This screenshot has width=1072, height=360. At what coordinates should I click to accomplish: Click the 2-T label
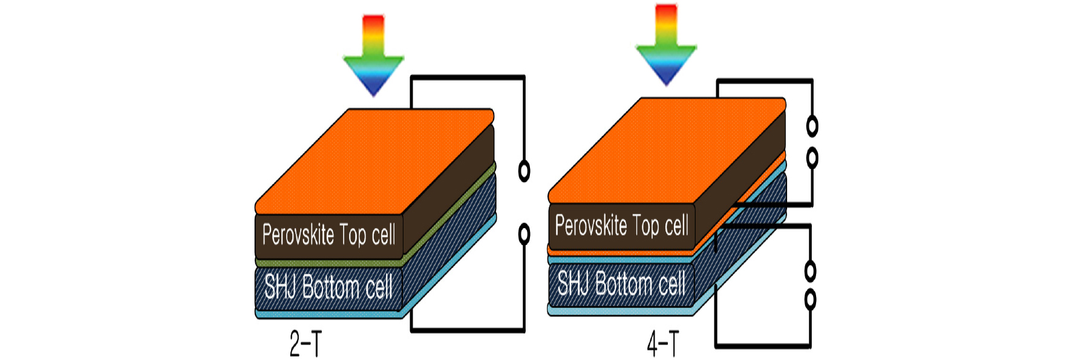tap(306, 344)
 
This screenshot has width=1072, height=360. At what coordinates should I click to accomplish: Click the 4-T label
tap(663, 344)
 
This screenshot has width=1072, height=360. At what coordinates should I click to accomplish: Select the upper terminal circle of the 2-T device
tap(525, 171)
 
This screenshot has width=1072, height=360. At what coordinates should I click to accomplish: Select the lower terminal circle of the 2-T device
tap(525, 234)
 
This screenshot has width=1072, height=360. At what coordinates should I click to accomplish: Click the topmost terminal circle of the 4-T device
tap(812, 126)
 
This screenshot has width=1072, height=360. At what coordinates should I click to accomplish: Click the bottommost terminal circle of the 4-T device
tap(811, 299)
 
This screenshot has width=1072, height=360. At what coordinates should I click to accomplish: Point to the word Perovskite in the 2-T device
tap(298, 235)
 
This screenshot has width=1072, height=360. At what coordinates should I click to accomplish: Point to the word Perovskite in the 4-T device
tap(591, 226)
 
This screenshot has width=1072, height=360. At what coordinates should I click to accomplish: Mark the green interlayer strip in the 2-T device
tap(329, 263)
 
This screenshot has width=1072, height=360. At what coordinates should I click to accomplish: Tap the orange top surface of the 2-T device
tap(375, 160)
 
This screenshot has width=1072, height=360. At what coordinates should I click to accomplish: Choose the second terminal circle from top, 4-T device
tap(812, 158)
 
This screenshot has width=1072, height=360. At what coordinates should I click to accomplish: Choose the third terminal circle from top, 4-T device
tap(810, 271)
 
